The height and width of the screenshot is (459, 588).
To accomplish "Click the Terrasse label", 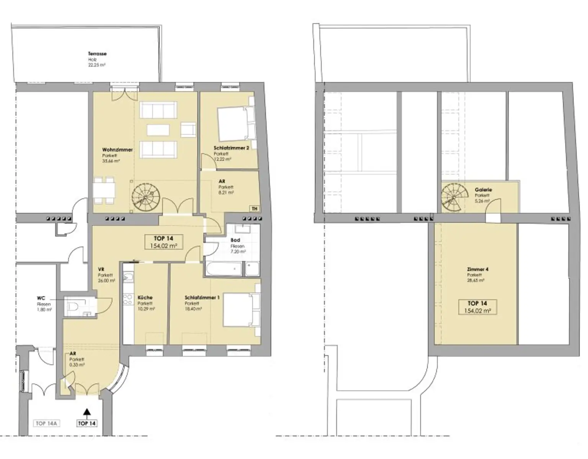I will [97, 54].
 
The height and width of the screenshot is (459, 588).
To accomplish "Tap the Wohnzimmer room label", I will [117, 150].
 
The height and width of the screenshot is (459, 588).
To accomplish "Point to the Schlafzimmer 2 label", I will [231, 148].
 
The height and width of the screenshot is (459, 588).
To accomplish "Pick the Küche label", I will [145, 297].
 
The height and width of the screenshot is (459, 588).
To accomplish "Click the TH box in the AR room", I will [254, 209].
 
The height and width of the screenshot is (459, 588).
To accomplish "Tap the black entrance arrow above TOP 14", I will [87, 412].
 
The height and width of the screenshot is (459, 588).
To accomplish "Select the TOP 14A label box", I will [46, 423].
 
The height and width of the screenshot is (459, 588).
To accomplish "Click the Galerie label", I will [483, 189].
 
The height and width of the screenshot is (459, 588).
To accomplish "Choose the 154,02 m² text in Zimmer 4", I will [477, 311].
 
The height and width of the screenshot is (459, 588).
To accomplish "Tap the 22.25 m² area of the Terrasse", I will [96, 65].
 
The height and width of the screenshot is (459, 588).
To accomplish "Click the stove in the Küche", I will [127, 301].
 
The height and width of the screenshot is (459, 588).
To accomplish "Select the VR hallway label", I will [101, 269].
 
